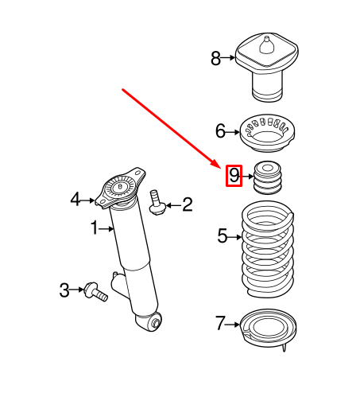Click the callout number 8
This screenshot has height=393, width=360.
pos(215,58)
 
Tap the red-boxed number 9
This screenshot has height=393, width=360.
pos(234,175)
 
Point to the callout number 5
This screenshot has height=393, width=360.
pos(223,235)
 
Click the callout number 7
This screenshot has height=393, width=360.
pos(220,324)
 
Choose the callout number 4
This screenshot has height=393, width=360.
pos(75,199)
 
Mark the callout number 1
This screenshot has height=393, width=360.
pos(94,229)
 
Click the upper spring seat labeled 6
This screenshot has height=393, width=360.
pos(269,135)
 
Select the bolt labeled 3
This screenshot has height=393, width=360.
pos(96,291)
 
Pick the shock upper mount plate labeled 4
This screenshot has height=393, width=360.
pos(121,188)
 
